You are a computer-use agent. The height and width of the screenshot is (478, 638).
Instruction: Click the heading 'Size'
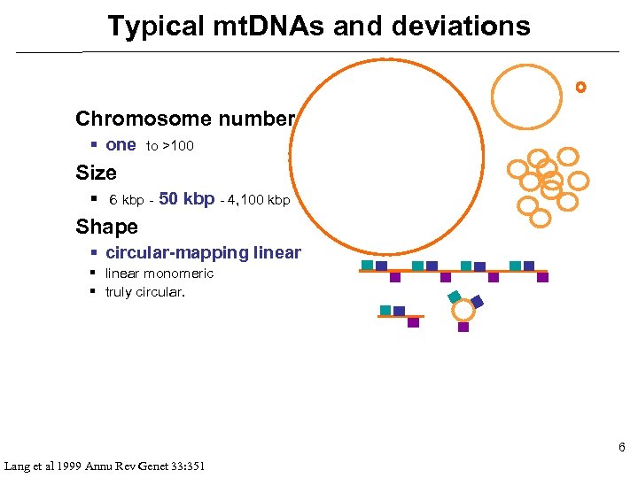96,173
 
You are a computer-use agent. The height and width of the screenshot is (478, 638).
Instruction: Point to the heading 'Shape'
106,227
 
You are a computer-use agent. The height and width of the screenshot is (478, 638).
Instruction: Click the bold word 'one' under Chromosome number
121,145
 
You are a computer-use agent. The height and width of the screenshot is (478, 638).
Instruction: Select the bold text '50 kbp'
186,199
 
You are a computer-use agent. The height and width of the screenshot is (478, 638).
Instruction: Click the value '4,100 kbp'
260,200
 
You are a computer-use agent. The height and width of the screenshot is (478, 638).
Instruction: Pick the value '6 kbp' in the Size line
126,200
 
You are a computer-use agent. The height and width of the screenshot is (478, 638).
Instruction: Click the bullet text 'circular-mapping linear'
203,253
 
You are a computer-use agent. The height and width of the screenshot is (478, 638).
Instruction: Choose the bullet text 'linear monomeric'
159,274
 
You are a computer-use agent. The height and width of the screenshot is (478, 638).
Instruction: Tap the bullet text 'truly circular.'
145,292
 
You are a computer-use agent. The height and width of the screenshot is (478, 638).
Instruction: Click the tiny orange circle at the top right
580,87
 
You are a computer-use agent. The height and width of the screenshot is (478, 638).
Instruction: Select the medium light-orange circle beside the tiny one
526,92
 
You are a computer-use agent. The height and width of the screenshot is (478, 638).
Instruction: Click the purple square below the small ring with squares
463,327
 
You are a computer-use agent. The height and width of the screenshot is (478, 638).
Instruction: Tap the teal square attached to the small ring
455,297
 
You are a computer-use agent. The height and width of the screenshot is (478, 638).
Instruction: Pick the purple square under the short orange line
413,322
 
